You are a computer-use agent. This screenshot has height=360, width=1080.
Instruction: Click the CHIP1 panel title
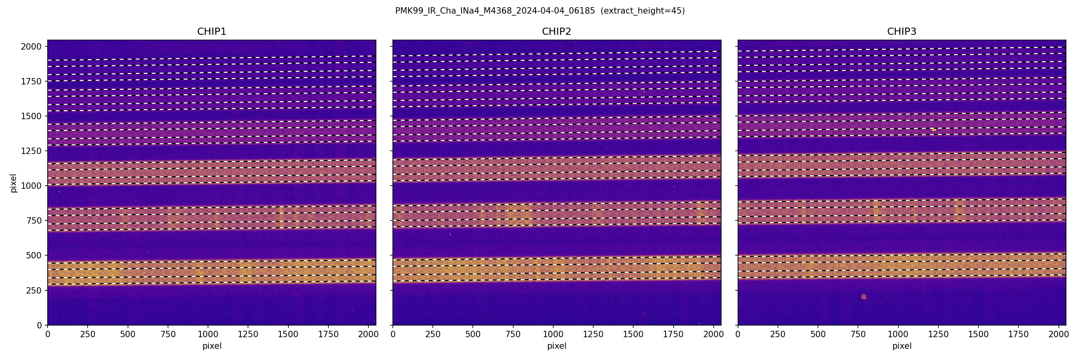pos(211,32)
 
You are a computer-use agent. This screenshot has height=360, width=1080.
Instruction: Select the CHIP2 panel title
pos(556,32)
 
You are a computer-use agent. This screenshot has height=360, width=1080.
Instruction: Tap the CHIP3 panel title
pos(901,32)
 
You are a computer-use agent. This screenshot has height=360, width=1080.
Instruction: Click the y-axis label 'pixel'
pos(14,183)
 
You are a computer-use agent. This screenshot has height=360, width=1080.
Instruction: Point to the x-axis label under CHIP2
pos(556,346)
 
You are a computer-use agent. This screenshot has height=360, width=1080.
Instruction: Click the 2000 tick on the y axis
pos(32,46)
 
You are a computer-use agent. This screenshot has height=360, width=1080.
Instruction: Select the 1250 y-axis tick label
pos(32,151)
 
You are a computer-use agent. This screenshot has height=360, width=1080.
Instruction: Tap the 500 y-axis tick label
pos(34,255)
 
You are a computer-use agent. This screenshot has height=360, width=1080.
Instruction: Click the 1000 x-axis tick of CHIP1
pos(208,334)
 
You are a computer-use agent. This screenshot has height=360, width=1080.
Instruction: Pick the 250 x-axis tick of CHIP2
pos(433,334)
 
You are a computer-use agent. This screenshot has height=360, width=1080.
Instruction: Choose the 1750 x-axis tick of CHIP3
pos(1018,334)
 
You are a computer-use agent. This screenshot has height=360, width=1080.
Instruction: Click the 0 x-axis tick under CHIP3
pos(738,334)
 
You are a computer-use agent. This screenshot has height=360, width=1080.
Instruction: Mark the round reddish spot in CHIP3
pos(864,297)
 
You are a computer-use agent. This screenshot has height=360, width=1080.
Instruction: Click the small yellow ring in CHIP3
pos(934,130)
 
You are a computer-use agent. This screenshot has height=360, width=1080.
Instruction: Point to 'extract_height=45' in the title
pos(642,11)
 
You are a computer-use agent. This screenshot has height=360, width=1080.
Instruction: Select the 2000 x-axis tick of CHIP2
pos(713,334)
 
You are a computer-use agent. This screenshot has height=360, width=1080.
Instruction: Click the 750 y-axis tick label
pos(34,220)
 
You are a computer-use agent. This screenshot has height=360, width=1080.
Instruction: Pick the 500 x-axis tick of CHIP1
pos(128,334)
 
